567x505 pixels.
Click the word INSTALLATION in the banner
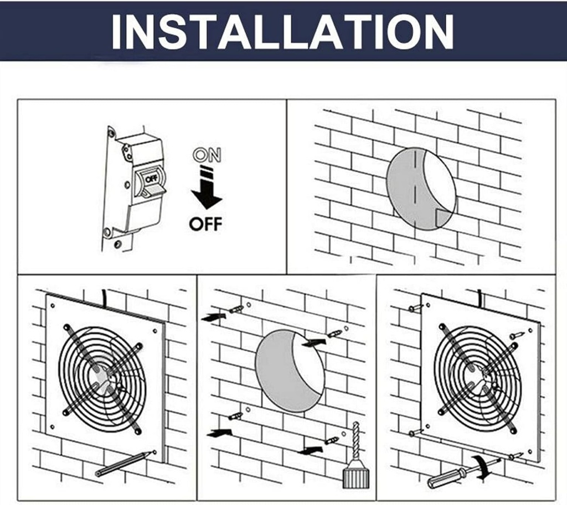pyautogui.click(x=283, y=32)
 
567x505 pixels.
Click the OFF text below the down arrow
pyautogui.click(x=205, y=224)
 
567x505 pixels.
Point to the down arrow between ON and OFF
pyautogui.click(x=207, y=191)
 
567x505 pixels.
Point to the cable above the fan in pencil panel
pyautogui.click(x=104, y=296)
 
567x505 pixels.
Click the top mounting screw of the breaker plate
pyautogui.click(x=111, y=134)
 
